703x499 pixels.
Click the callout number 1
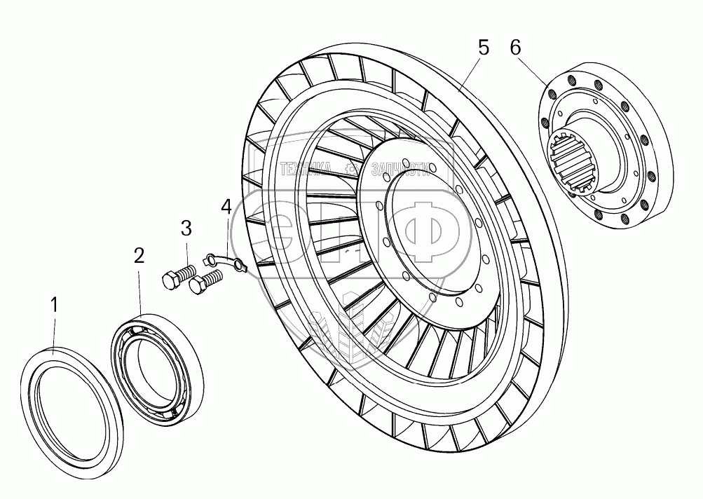pyautogui.click(x=55, y=306)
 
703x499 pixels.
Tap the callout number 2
pyautogui.click(x=139, y=256)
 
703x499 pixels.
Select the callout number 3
pyautogui.click(x=186, y=228)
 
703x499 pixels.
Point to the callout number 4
pyautogui.click(x=226, y=207)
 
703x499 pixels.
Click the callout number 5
pyautogui.click(x=484, y=48)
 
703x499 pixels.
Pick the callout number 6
pyautogui.click(x=516, y=48)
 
